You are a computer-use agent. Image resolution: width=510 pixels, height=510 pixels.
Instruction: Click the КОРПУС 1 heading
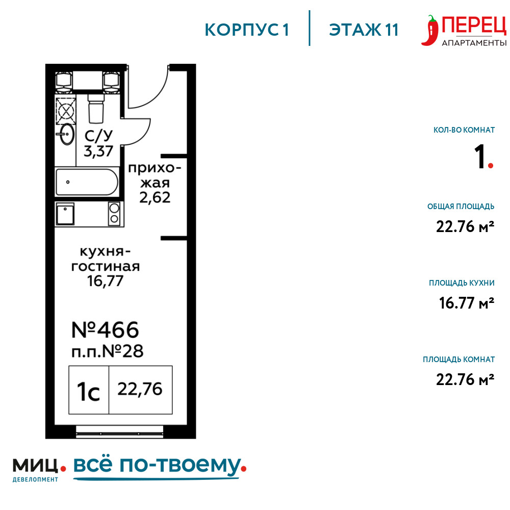[x=246, y=30]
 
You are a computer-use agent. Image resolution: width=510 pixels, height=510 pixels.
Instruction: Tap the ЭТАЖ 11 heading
[x=364, y=30]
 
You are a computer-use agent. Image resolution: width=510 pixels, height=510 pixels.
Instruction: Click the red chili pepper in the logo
[x=430, y=30]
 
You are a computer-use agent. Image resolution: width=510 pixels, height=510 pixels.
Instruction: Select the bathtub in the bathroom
[x=87, y=182]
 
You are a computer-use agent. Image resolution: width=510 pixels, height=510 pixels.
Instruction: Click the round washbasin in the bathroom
[x=67, y=134]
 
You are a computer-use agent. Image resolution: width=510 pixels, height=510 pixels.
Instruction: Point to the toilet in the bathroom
[x=96, y=109]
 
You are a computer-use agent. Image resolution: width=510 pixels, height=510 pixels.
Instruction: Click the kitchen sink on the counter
[x=65, y=214]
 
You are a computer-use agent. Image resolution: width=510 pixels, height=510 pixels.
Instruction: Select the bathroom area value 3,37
[x=98, y=151]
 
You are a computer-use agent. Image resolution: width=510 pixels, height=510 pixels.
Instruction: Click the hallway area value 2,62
[x=155, y=197]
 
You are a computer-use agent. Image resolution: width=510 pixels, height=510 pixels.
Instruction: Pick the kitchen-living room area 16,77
[x=105, y=281]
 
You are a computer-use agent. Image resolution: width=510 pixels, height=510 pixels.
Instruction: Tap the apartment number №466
[x=105, y=330]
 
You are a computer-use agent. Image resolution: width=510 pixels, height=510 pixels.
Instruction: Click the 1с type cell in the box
[x=88, y=390]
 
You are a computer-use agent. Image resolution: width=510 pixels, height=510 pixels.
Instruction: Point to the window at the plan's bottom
[x=120, y=432]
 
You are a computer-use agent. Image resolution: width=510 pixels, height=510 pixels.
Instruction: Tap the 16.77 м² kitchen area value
[x=467, y=303]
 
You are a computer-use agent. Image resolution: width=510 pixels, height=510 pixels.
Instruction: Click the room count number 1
[x=480, y=157]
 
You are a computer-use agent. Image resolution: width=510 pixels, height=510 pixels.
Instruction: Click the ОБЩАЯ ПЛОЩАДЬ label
[x=461, y=207]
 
